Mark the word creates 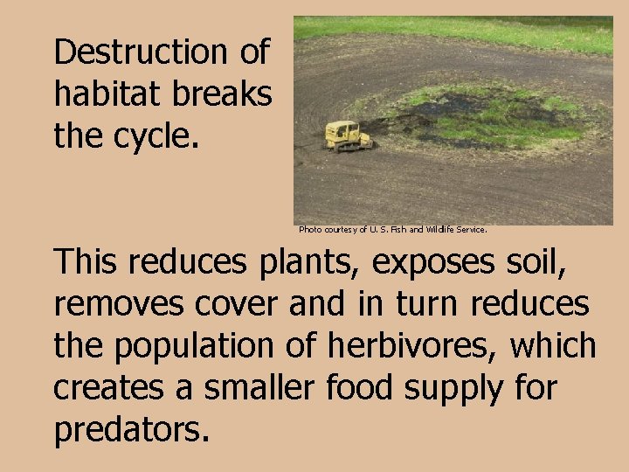coord(106,388)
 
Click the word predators coord(131,430)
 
